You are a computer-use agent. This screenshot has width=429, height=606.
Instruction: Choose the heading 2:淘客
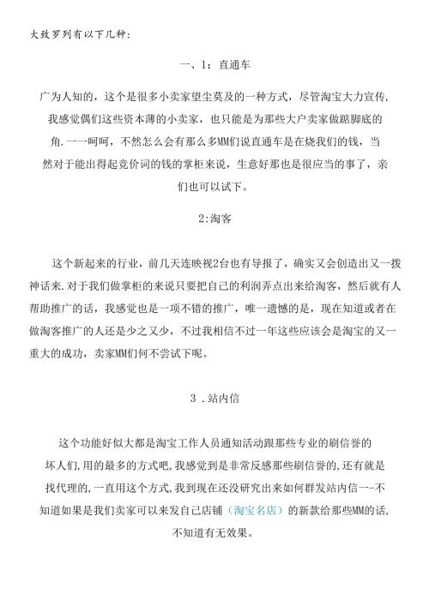214,219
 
